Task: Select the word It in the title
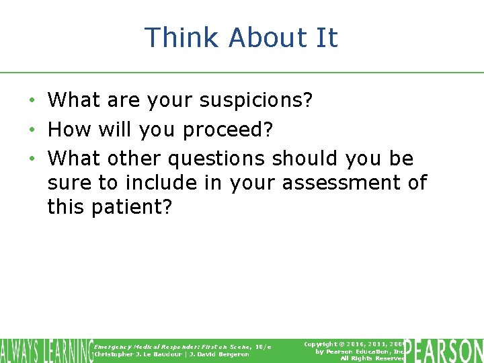pyautogui.click(x=326, y=38)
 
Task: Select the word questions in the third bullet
pyautogui.click(x=217, y=159)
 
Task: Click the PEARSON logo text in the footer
pyautogui.click(x=444, y=350)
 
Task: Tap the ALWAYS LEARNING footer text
pyautogui.click(x=46, y=350)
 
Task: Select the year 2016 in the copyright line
pyautogui.click(x=360, y=344)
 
